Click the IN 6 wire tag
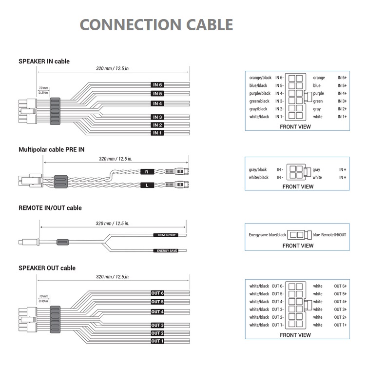[x=157, y=85]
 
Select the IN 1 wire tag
[x=157, y=133]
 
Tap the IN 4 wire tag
[x=157, y=103]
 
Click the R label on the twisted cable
[x=146, y=172]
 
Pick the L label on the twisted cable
[x=146, y=185]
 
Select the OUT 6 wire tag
[x=157, y=293]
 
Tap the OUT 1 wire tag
[x=157, y=341]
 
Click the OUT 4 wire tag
[x=157, y=312]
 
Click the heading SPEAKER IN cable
[x=44, y=62]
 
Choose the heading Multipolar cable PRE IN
[x=51, y=149]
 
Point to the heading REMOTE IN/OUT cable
[x=50, y=208]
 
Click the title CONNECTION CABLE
[x=156, y=24]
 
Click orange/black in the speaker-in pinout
[x=260, y=78]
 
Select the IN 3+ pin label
[x=342, y=101]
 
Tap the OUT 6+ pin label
[x=341, y=286]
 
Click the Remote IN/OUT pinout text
[x=334, y=235]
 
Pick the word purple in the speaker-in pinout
[x=318, y=93]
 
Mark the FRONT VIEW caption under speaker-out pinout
[x=295, y=335]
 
